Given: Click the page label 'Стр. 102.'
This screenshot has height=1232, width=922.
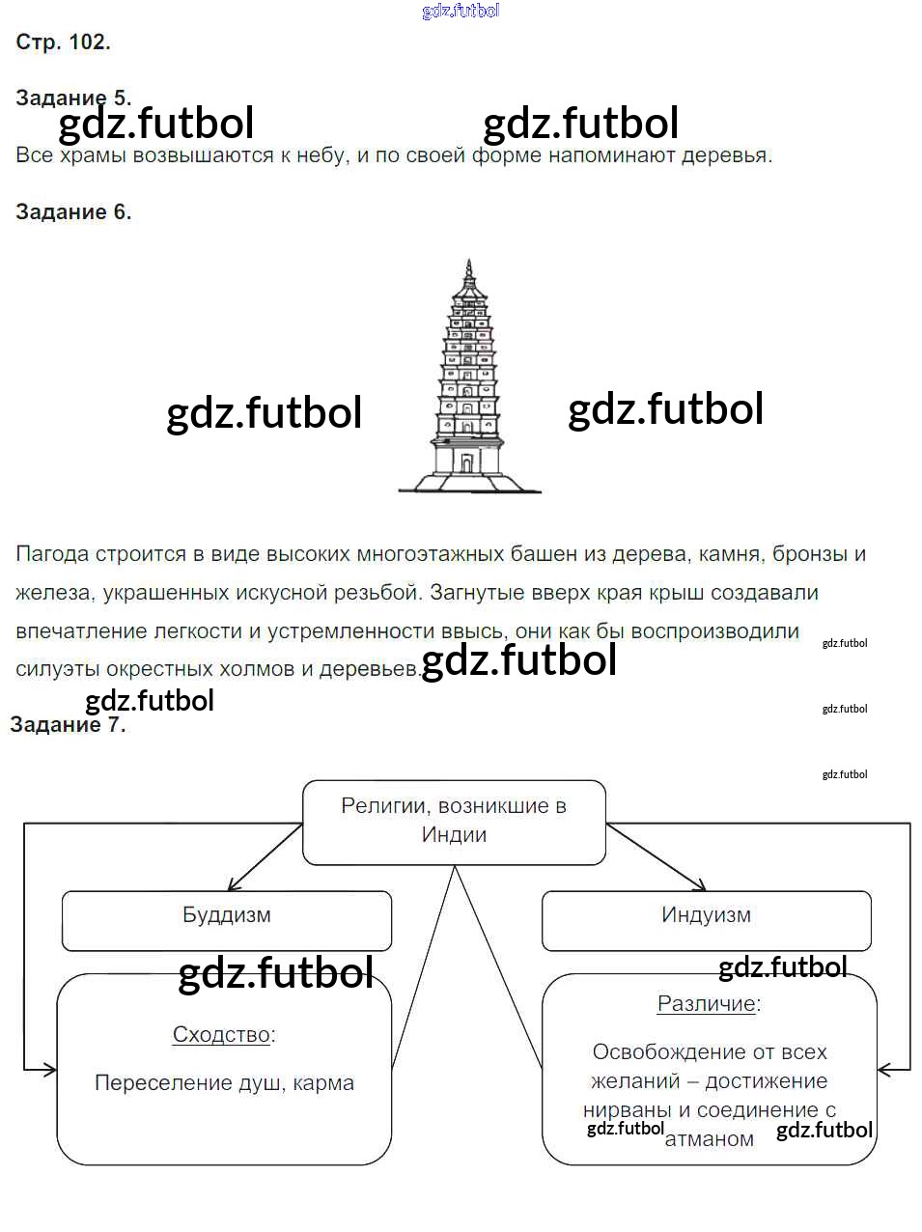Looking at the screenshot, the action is pyautogui.click(x=64, y=42).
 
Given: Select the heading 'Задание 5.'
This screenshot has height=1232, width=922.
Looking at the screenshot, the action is pyautogui.click(x=73, y=98).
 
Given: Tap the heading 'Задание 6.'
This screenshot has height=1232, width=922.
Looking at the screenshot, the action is pyautogui.click(x=73, y=211).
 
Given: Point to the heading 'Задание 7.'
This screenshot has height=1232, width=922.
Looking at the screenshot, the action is pyautogui.click(x=68, y=724).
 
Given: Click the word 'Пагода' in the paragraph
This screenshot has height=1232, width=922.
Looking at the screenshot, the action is pyautogui.click(x=52, y=554).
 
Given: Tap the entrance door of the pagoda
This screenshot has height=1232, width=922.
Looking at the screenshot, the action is pyautogui.click(x=466, y=463).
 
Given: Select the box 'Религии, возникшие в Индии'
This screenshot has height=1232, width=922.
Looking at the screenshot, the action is pyautogui.click(x=454, y=823).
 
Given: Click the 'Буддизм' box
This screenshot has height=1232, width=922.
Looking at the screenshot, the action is pyautogui.click(x=227, y=920).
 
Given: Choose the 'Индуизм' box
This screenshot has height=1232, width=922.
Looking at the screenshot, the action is pyautogui.click(x=707, y=920).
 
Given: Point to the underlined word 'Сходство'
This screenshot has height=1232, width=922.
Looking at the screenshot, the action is pyautogui.click(x=221, y=1034).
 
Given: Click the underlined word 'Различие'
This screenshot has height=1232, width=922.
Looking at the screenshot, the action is pyautogui.click(x=706, y=1003).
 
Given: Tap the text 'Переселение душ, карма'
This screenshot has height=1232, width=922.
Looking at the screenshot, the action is pyautogui.click(x=225, y=1082).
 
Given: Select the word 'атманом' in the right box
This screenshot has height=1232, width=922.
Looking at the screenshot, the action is pyautogui.click(x=710, y=1139).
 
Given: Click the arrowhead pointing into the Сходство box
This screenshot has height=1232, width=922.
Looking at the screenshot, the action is pyautogui.click(x=48, y=1070).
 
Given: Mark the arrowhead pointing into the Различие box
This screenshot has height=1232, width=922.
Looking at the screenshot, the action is pyautogui.click(x=885, y=1070).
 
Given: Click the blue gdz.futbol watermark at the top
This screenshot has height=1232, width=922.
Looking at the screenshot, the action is pyautogui.click(x=461, y=11).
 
